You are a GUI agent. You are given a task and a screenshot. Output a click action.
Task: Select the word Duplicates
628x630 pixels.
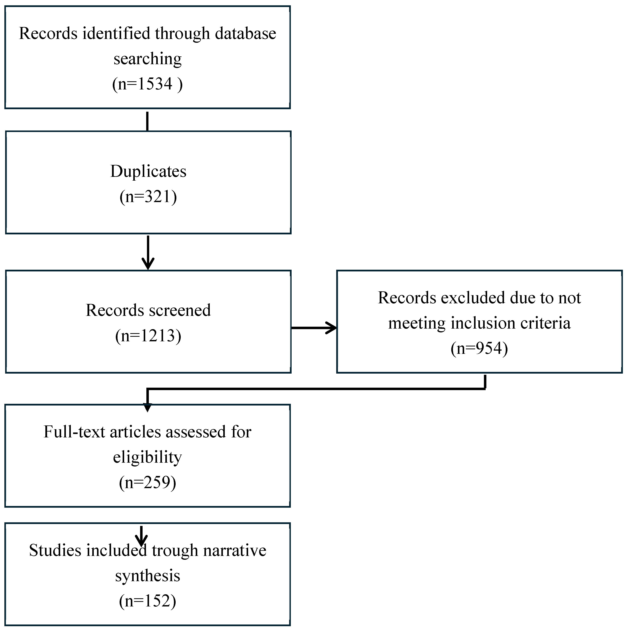point(148,171)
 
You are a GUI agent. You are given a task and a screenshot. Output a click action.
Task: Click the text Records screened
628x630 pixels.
point(148,310)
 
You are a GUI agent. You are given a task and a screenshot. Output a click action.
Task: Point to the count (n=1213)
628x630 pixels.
point(148,336)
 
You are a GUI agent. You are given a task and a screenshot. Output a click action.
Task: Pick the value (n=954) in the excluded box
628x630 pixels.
point(479,348)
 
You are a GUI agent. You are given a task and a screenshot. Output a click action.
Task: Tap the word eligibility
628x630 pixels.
point(147,457)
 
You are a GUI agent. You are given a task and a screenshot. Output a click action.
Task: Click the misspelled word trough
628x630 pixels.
point(175,550)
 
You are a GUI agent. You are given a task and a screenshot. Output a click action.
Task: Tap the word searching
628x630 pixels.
point(147,59)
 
